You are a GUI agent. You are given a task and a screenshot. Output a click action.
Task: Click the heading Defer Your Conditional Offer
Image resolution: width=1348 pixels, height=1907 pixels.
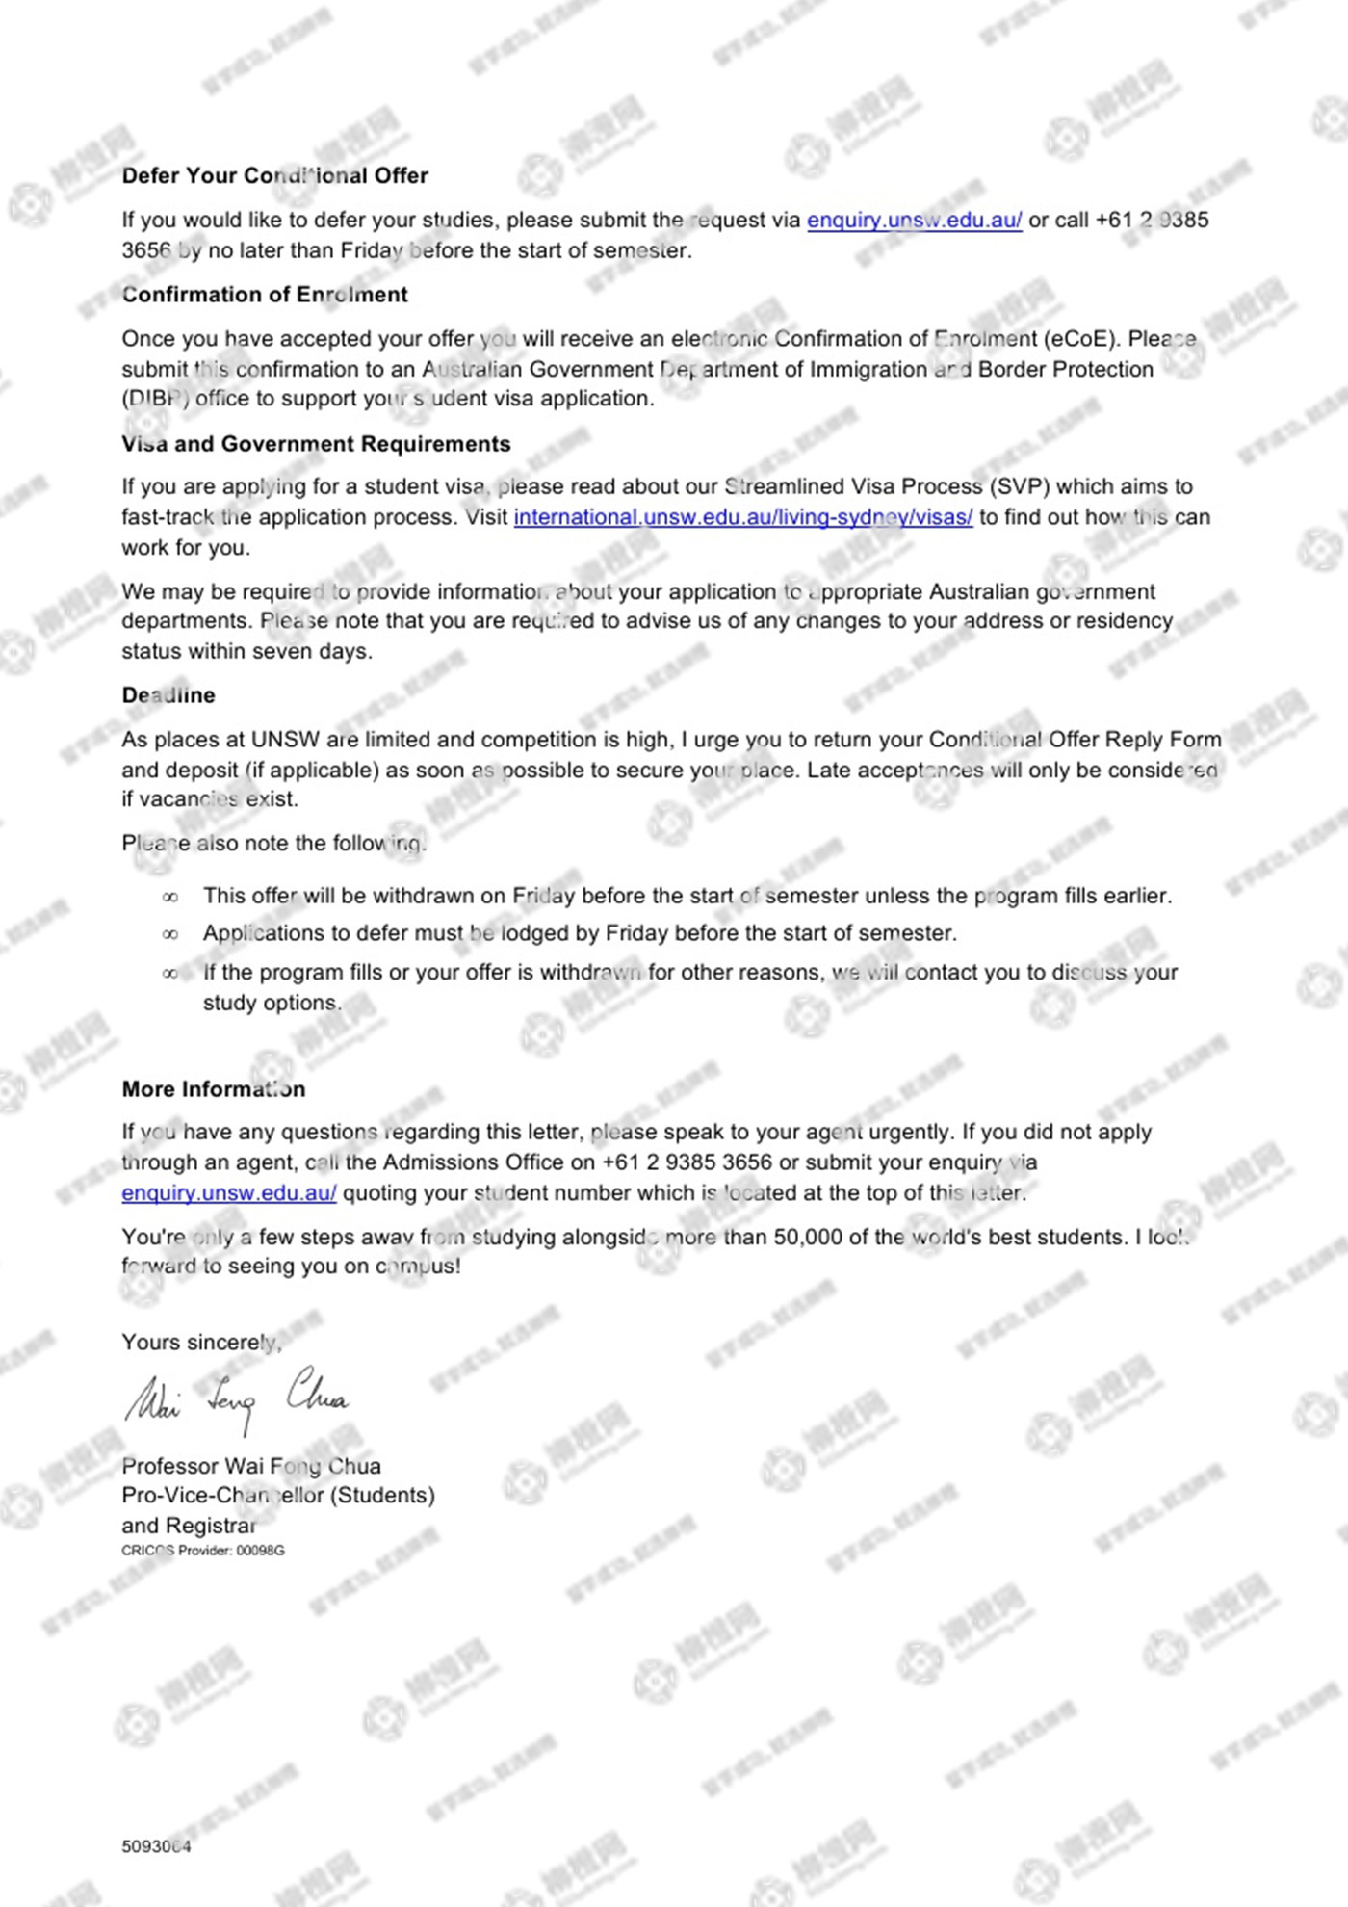point(274,175)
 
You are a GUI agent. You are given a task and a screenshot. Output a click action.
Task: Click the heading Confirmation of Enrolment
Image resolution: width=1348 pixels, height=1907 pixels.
point(265,295)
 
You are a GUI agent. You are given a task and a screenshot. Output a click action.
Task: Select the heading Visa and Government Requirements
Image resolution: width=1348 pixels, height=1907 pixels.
point(316,444)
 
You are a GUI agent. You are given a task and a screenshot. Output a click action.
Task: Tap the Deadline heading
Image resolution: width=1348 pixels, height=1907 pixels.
point(168,695)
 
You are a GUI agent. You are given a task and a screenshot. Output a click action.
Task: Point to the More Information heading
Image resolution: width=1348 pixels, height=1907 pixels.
point(214,1089)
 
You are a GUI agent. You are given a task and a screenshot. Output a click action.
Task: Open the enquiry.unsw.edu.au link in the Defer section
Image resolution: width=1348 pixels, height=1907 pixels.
point(914,221)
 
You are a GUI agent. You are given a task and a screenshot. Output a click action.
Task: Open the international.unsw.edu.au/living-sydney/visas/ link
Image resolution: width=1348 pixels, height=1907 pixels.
point(742,517)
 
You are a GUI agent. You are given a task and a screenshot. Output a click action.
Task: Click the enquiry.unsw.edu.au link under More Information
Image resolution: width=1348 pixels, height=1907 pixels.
point(229,1193)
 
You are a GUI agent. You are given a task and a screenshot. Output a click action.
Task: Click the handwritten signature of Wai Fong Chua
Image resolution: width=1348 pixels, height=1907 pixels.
point(236,1398)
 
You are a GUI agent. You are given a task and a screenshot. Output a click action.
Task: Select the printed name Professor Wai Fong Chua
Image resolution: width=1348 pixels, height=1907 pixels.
point(251,1466)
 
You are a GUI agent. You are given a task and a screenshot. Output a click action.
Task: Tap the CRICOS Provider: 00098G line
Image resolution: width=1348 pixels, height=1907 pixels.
point(203,1551)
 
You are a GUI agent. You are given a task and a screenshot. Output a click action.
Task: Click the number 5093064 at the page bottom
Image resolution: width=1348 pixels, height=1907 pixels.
point(156,1846)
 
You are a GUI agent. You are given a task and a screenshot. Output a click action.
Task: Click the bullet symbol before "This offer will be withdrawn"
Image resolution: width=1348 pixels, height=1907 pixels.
point(170,898)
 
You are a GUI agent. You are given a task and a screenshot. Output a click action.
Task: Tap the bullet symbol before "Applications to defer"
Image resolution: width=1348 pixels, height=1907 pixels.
point(170,934)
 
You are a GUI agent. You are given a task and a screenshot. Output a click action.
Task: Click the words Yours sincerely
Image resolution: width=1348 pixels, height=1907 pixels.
point(201,1343)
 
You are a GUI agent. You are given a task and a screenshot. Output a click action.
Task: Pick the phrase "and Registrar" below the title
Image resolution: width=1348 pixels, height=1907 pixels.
point(189,1526)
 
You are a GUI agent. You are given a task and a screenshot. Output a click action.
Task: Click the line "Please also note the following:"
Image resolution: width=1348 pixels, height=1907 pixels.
point(273,844)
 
